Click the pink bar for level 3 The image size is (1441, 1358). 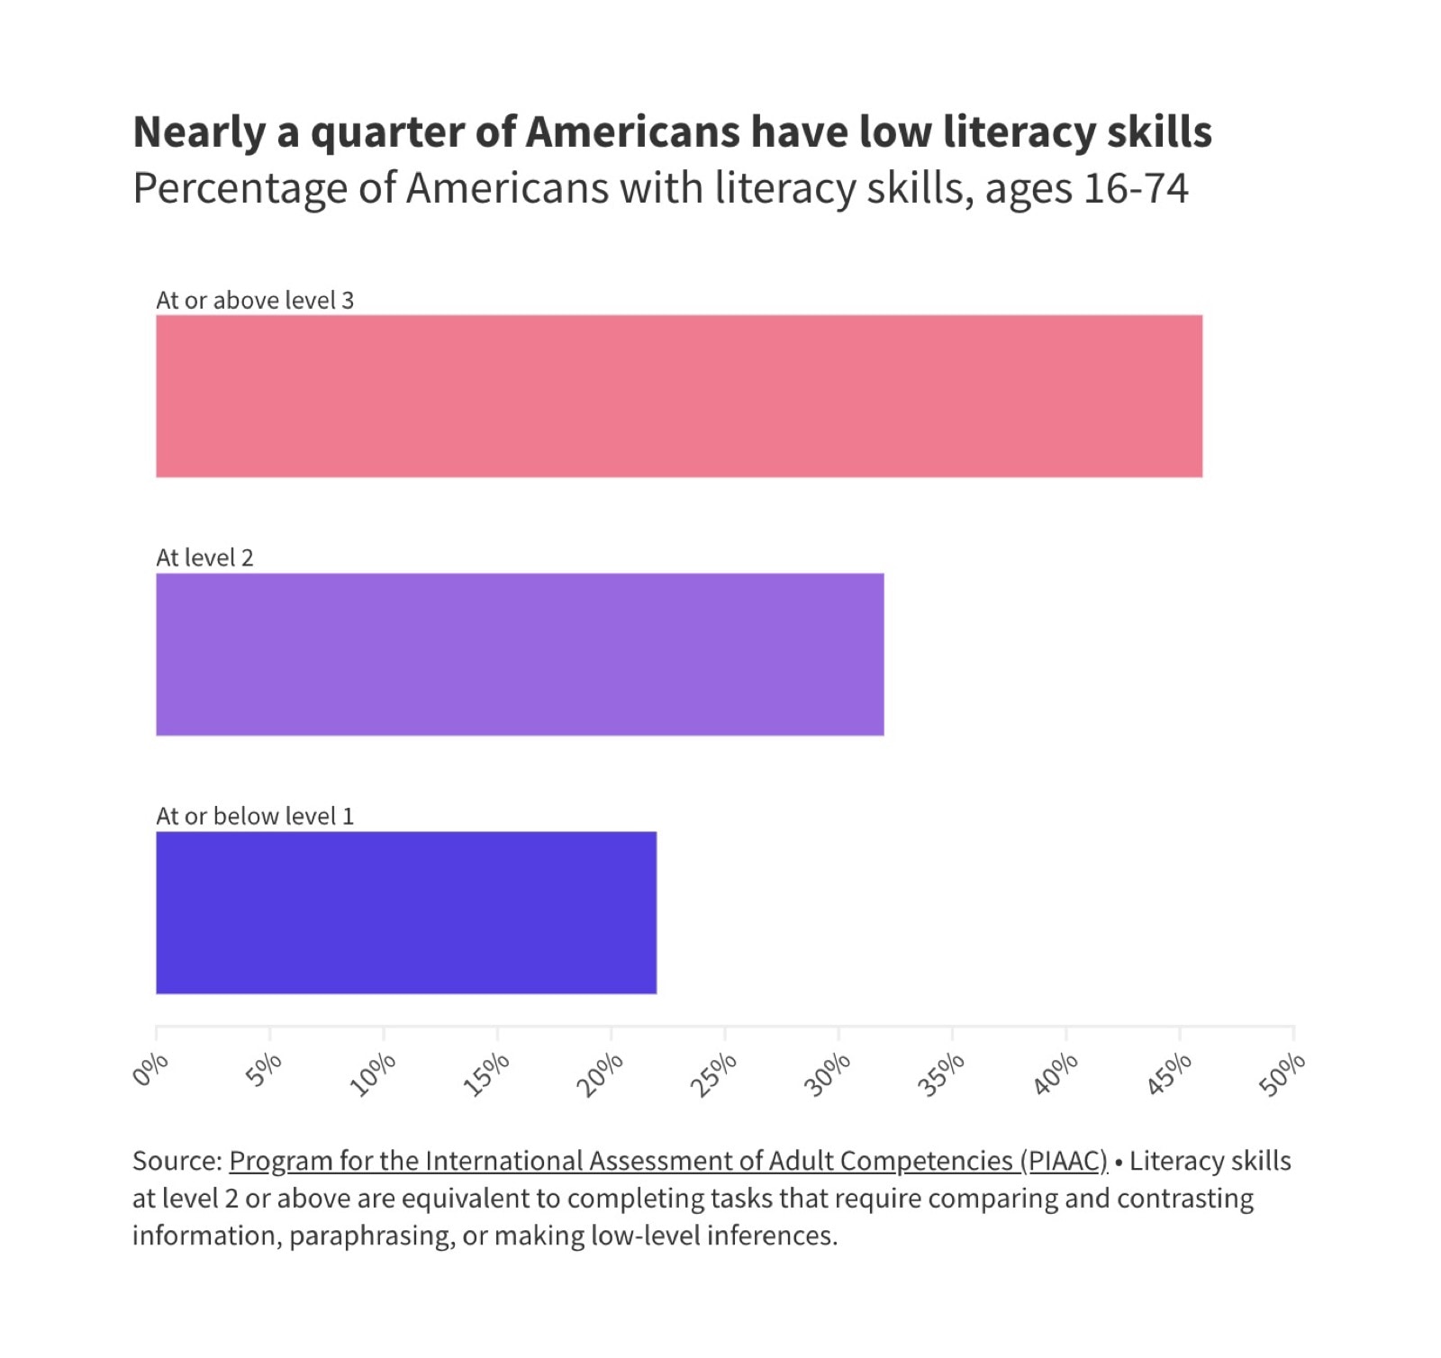(678, 395)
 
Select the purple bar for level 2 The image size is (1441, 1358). (520, 654)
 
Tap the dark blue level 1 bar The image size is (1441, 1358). (406, 912)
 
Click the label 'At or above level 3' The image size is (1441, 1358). (255, 300)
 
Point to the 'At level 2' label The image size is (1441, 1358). (204, 557)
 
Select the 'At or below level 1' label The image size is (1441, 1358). (255, 816)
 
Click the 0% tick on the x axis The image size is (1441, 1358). (150, 1069)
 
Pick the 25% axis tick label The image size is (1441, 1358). (713, 1074)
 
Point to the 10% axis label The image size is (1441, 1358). (372, 1074)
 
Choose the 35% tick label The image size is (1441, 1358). (940, 1074)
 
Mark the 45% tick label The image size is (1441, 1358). (1168, 1074)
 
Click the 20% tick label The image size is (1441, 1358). (600, 1074)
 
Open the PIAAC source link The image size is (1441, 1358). (667, 1161)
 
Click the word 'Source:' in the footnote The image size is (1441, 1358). (177, 1161)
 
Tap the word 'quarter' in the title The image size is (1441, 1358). (387, 132)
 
